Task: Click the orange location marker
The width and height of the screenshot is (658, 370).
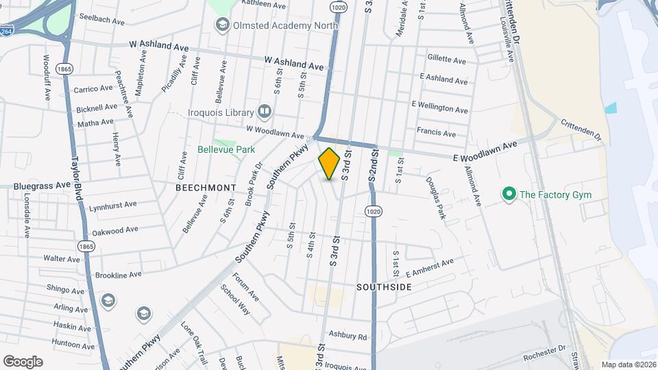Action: pos(329,164)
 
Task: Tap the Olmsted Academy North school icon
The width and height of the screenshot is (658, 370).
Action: pos(222,25)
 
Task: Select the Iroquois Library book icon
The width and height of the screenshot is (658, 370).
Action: pos(265,112)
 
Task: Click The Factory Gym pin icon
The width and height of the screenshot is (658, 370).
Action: pos(509,195)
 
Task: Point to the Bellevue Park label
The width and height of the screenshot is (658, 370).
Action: pos(226,149)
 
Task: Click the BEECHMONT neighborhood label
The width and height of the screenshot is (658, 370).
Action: pos(206,187)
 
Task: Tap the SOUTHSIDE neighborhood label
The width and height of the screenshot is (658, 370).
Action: pos(384,287)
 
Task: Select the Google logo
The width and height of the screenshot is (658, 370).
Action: pos(23,361)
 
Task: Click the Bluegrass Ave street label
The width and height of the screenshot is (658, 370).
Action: pos(42,186)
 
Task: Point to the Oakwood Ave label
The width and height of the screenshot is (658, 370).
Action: pos(115,230)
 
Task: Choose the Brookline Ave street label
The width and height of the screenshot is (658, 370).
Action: pos(119,275)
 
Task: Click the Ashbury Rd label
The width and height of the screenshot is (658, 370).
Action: pos(348,336)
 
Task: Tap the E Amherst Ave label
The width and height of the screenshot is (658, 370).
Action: pos(430,264)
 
